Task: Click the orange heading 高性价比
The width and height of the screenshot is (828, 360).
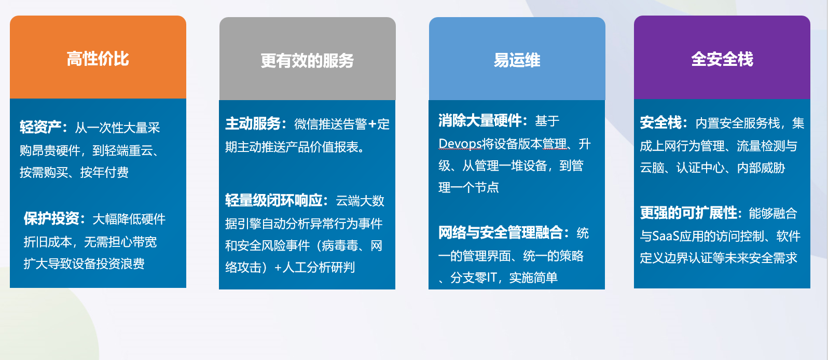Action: (x=98, y=59)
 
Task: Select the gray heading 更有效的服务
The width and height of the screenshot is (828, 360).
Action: (x=307, y=61)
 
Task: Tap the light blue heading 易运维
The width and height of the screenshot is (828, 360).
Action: (x=517, y=60)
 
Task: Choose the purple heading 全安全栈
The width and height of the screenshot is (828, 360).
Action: (x=722, y=59)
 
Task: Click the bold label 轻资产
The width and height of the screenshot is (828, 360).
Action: (x=40, y=127)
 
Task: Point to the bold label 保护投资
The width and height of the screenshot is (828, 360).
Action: (x=51, y=218)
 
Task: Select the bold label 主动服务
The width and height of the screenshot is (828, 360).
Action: (x=253, y=124)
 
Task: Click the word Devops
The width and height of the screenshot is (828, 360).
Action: (x=460, y=144)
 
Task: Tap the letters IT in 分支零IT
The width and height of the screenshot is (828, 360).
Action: (x=491, y=277)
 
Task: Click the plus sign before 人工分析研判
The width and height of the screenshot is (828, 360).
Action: (x=278, y=268)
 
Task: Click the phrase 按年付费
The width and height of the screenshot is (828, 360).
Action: (x=104, y=172)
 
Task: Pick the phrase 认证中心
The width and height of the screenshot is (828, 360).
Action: (x=700, y=168)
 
